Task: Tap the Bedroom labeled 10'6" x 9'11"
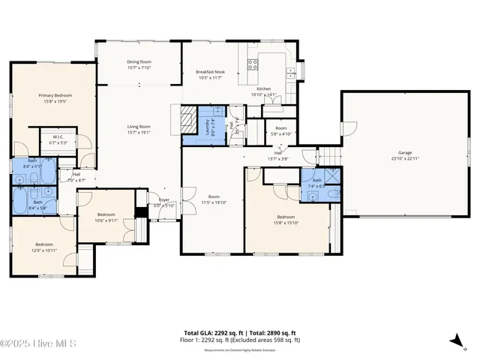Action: [x=106, y=217]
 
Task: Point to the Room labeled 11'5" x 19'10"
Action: [x=214, y=199]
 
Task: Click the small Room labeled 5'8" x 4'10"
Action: [x=281, y=130]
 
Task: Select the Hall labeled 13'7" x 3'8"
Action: [x=277, y=155]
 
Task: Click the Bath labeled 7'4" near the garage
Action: [x=317, y=182]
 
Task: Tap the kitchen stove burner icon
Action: [x=253, y=64]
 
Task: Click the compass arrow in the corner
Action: [x=454, y=341]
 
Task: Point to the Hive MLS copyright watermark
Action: [x=40, y=344]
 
